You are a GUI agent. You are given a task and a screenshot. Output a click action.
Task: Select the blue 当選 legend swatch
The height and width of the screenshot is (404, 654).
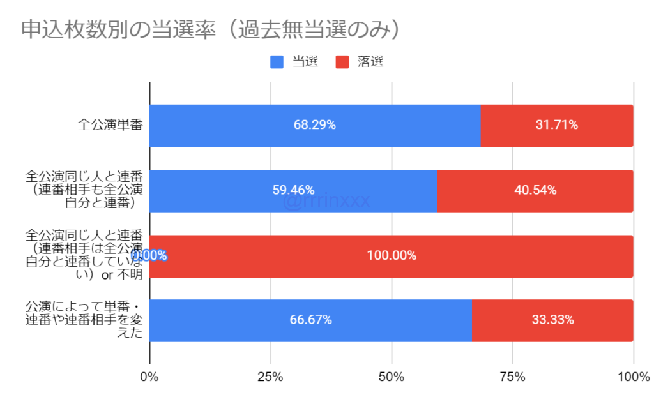(x=277, y=62)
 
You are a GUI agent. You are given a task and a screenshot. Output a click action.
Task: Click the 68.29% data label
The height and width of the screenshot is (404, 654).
(x=315, y=125)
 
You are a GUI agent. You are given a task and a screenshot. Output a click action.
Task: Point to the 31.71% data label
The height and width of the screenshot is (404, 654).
(x=557, y=125)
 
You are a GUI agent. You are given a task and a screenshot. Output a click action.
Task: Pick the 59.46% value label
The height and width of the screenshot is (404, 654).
(x=293, y=190)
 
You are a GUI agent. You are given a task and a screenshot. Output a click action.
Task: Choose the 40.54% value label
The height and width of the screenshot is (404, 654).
(x=535, y=190)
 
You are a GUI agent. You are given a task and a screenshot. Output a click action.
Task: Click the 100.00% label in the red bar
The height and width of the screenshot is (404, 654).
(x=392, y=255)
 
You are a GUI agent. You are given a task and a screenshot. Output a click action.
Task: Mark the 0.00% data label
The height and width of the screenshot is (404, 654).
(x=150, y=255)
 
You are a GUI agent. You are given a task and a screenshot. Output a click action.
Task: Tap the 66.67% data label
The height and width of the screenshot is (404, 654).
(x=310, y=320)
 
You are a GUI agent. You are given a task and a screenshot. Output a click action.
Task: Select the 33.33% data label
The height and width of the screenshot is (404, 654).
(x=552, y=320)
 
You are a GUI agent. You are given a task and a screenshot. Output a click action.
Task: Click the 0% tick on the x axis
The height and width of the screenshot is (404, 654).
(x=149, y=377)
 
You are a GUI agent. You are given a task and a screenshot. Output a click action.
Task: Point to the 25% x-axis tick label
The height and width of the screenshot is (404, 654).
(x=270, y=377)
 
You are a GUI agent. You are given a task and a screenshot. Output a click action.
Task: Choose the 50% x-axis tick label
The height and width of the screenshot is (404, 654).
(x=392, y=377)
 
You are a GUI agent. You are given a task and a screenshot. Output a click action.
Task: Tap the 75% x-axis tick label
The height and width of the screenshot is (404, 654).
(x=512, y=377)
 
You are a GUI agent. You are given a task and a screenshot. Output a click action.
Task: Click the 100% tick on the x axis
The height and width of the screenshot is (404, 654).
(x=633, y=377)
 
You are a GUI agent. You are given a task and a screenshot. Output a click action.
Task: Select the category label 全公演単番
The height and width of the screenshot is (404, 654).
(x=109, y=125)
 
